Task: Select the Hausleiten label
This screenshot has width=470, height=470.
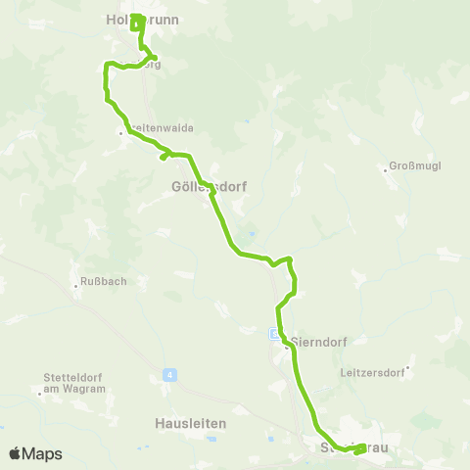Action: [191, 423]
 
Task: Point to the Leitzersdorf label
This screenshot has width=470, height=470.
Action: [372, 373]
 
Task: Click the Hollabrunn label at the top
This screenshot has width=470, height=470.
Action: [135, 18]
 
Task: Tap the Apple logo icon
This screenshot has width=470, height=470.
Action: [15, 453]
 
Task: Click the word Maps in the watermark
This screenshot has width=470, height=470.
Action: [44, 453]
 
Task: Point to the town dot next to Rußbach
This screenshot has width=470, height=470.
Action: [75, 286]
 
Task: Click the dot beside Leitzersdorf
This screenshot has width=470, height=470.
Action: [407, 369]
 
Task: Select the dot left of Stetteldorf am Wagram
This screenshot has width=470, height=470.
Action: [40, 393]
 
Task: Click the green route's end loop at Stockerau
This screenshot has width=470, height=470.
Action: [358, 449]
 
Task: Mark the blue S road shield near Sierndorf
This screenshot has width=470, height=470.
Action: [275, 334]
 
